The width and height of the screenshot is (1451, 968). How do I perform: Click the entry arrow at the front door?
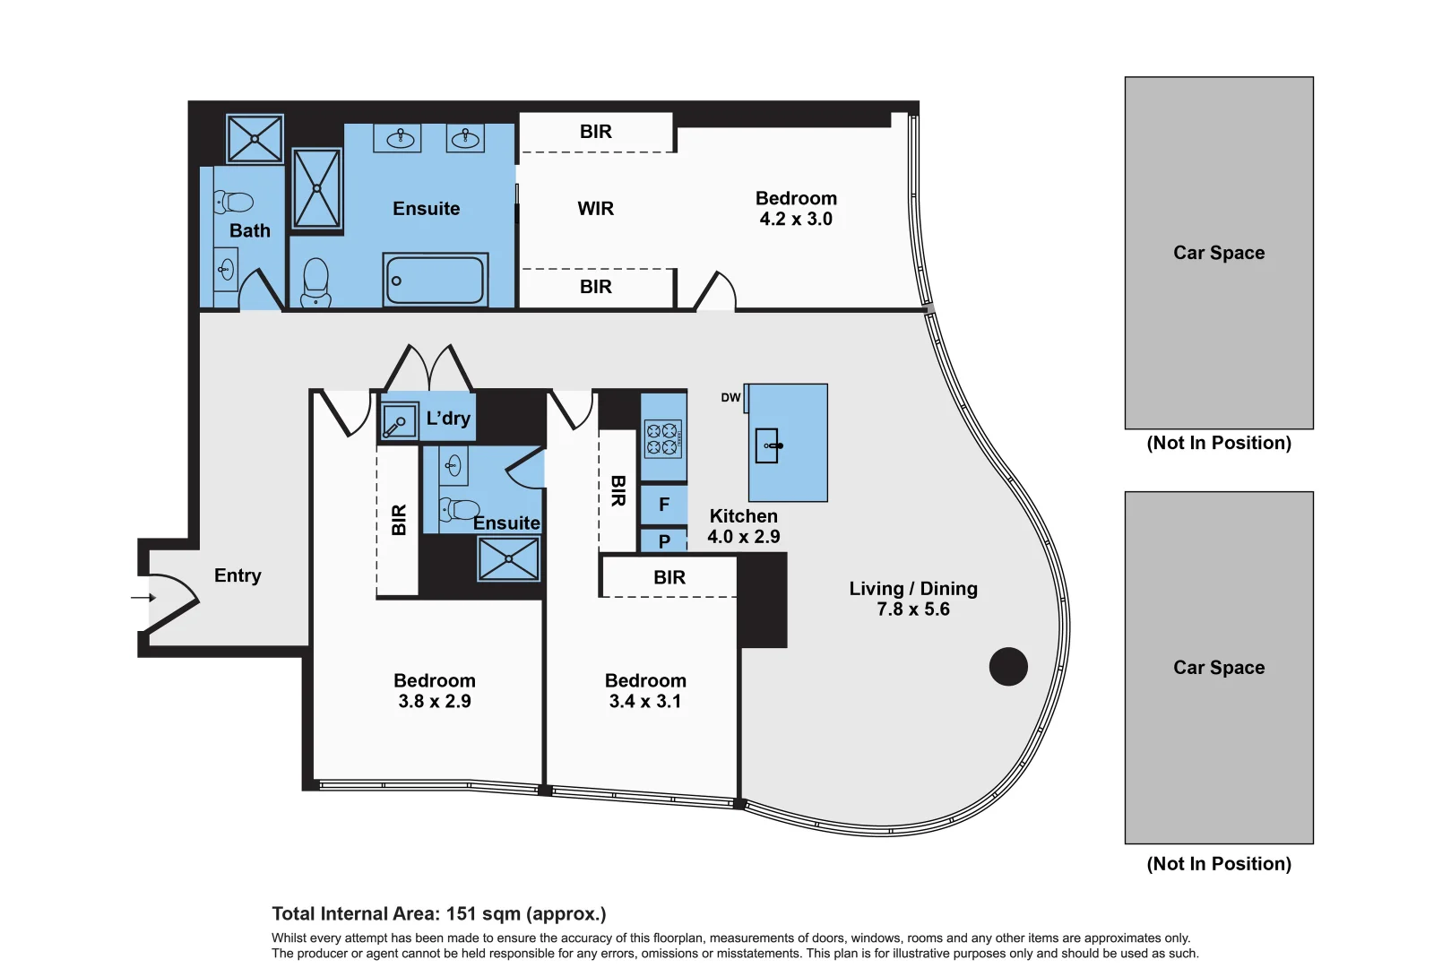click(143, 598)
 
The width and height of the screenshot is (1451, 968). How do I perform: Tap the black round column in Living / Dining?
click(1008, 666)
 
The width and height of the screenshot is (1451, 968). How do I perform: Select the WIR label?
click(595, 208)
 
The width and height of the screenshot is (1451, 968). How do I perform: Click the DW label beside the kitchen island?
click(730, 397)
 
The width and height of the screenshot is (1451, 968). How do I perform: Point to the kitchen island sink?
click(768, 445)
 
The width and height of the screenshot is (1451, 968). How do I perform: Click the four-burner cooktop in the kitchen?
click(662, 438)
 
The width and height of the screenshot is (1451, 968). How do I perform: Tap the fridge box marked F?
click(663, 504)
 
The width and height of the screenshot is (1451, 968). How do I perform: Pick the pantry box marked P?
click(663, 540)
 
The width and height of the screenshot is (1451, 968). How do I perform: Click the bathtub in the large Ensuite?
click(435, 280)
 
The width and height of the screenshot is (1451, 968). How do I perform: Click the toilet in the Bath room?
click(233, 202)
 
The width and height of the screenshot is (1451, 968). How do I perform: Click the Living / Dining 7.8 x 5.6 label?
click(913, 599)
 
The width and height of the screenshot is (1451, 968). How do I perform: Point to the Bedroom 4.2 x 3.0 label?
click(796, 208)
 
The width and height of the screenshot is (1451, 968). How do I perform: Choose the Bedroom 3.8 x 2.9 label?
click(435, 691)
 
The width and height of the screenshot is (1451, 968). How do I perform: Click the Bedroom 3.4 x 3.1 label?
click(645, 691)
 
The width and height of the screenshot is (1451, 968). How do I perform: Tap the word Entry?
click(238, 575)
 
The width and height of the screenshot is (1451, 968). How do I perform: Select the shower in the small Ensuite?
click(508, 558)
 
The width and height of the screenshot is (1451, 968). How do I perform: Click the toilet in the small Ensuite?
click(459, 508)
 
